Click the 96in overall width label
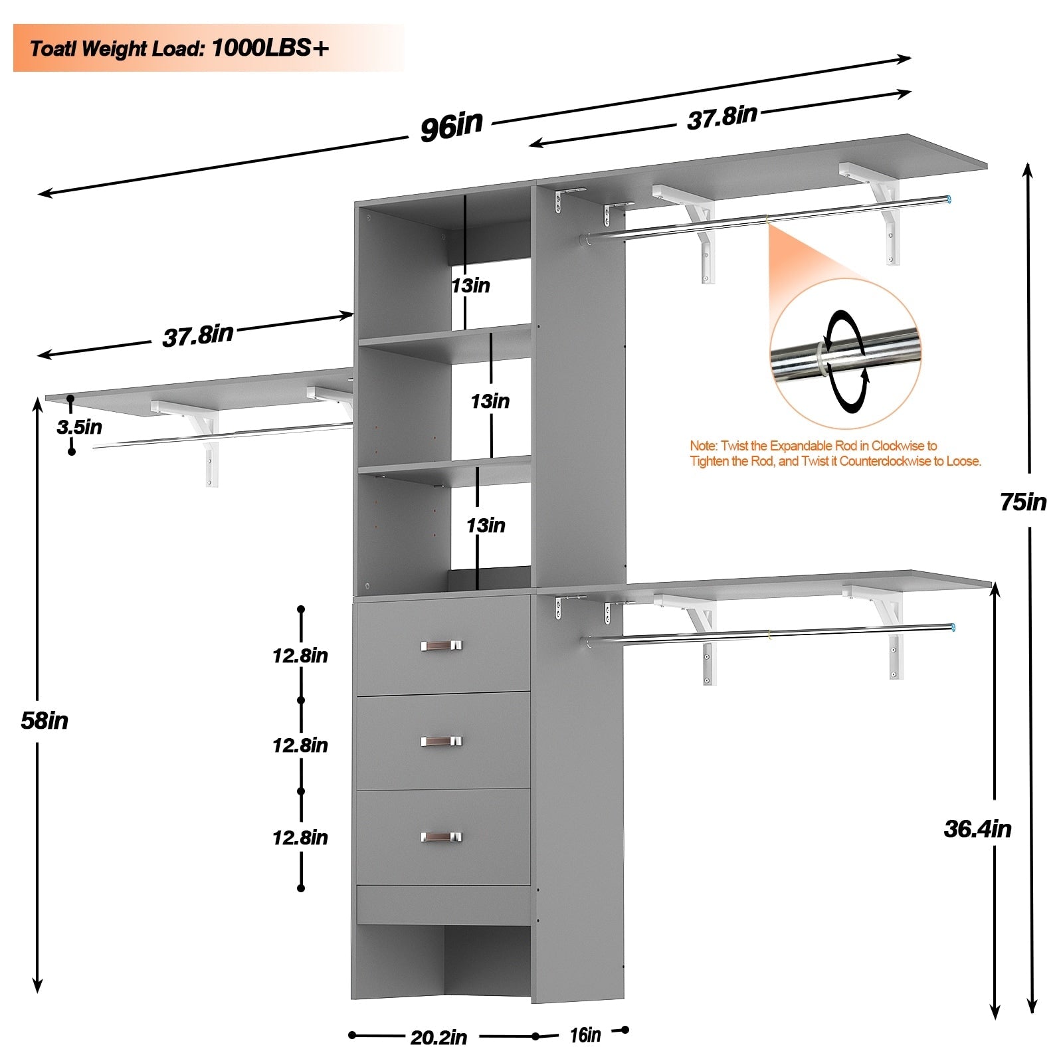coord(451,126)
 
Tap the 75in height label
coord(1023,502)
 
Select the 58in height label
coord(45,721)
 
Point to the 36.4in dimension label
coord(977,829)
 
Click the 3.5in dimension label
coord(80,427)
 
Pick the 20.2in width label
coord(438,1037)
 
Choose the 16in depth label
coord(585,1035)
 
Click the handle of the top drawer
coord(441,645)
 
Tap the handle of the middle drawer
coord(441,741)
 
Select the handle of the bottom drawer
coord(441,837)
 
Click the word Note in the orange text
coord(702,446)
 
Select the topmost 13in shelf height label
coord(470,286)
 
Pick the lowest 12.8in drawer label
coord(300,838)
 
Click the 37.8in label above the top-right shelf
coord(722,118)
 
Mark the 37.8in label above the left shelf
coord(198,335)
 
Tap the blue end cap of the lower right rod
coord(953,627)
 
